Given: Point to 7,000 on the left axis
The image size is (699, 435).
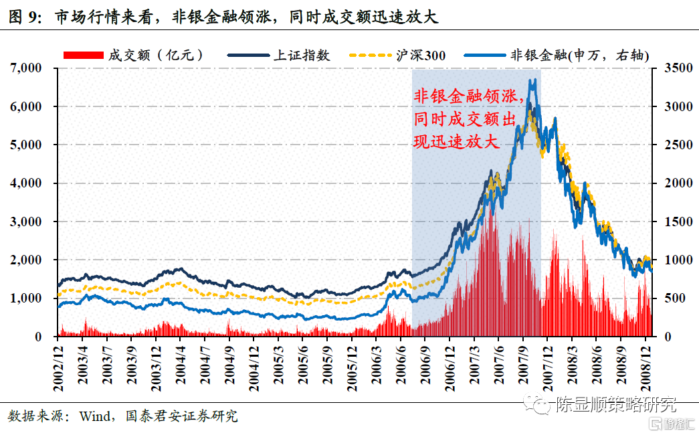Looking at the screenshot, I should coord(26,68).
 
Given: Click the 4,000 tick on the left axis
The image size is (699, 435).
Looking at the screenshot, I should coord(26,183).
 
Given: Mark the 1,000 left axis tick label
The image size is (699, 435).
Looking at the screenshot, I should coord(26,298).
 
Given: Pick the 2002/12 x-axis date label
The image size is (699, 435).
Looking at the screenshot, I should coord(58,365).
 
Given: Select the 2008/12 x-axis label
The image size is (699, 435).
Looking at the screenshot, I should coord(646,365).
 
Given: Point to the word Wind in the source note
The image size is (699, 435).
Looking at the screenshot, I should coord(96,416).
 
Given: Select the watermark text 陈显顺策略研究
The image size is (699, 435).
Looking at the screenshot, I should coord(615,405).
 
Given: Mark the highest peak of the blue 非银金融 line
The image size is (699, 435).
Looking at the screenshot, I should coord(533,80).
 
